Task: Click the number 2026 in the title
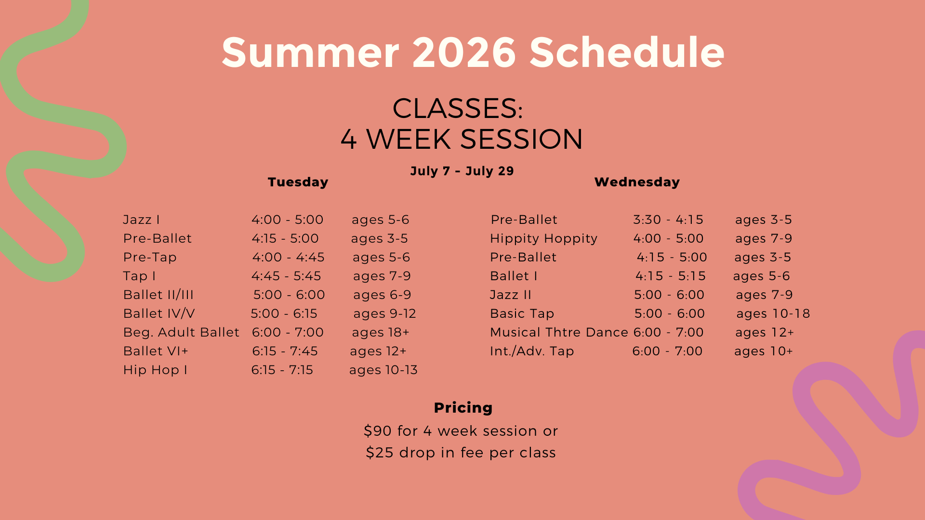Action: (464, 52)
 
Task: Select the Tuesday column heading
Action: (298, 182)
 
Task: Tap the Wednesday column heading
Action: (637, 182)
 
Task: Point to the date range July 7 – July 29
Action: (462, 171)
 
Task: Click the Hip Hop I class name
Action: (155, 370)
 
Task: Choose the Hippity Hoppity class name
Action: (543, 238)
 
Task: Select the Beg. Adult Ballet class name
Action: (181, 332)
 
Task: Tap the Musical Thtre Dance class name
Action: (559, 332)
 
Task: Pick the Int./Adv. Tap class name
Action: (532, 351)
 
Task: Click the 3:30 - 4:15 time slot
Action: (668, 220)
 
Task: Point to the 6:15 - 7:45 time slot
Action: (285, 351)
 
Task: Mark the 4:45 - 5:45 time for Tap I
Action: (286, 276)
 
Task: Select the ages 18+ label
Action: (381, 332)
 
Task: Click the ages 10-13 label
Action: (383, 370)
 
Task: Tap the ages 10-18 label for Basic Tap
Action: (773, 313)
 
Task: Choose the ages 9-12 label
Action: (384, 313)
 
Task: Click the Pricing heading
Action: (463, 408)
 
